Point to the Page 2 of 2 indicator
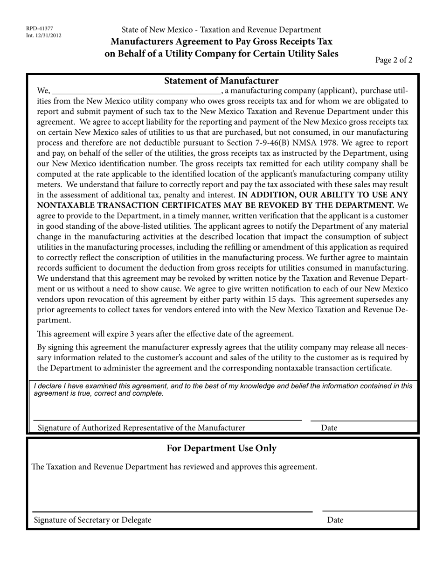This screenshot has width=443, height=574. click(394, 60)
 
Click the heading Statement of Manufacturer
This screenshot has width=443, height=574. click(221, 81)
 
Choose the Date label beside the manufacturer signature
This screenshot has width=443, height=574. click(329, 428)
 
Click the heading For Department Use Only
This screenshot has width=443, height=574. click(221, 448)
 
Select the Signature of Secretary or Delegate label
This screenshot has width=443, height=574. click(92, 520)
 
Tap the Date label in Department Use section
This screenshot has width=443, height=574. click(335, 520)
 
